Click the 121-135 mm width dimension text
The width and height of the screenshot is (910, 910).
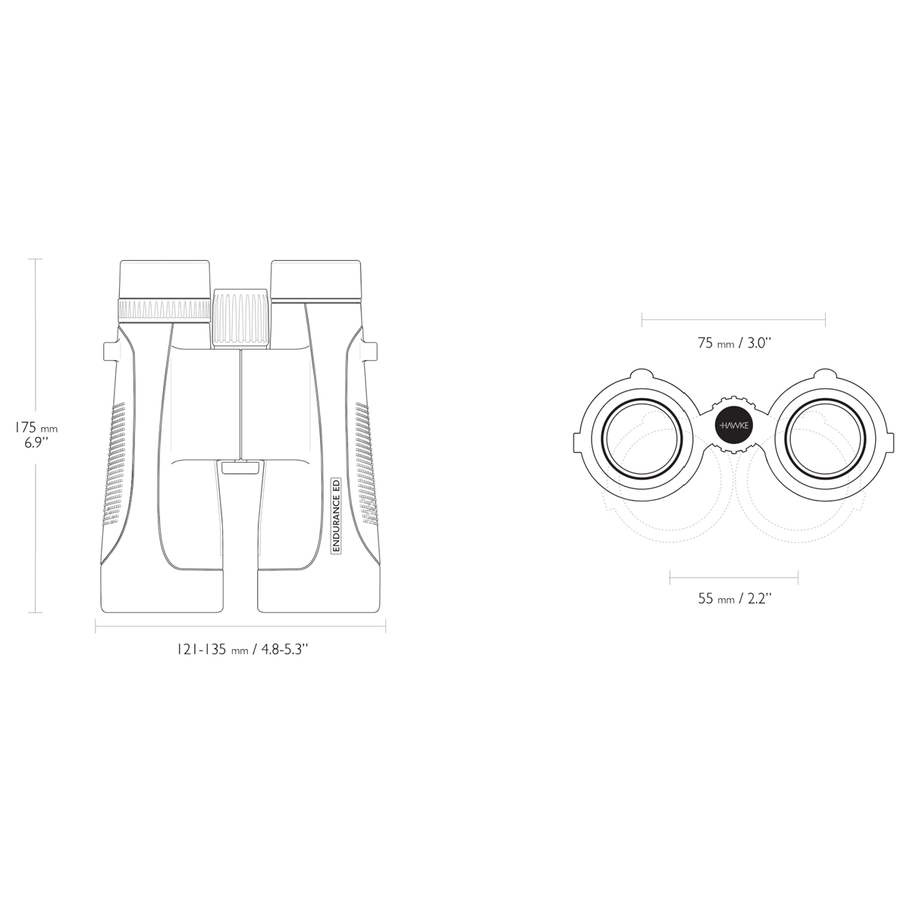pos(243,650)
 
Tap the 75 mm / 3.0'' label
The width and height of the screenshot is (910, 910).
pos(734,344)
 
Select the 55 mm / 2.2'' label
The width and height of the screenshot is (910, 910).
pos(735,599)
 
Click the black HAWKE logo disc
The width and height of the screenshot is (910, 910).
pos(734,425)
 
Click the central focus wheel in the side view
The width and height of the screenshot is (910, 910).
pos(241,318)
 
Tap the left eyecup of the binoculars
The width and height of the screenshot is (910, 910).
pos(165,280)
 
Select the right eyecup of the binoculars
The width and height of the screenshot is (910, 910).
pos(317,281)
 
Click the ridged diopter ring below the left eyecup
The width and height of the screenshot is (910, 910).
pos(165,310)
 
